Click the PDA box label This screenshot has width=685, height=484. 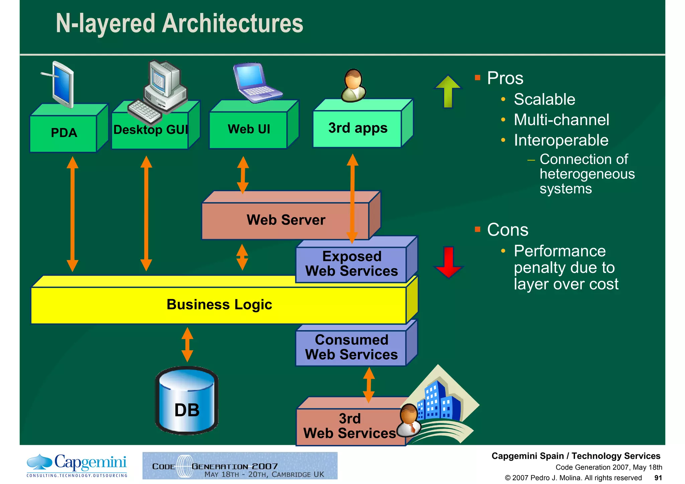[64, 133]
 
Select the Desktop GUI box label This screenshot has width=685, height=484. [151, 129]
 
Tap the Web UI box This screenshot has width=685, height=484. [249, 129]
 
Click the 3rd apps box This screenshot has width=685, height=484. [358, 128]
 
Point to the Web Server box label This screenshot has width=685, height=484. [286, 220]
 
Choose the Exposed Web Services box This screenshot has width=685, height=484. [352, 264]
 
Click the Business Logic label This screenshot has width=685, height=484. [219, 305]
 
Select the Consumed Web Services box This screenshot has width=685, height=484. [352, 347]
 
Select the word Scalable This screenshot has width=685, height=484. [544, 99]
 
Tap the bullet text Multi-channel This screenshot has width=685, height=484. [561, 120]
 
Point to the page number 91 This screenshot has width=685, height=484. [658, 478]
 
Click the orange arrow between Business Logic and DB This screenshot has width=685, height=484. [187, 345]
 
